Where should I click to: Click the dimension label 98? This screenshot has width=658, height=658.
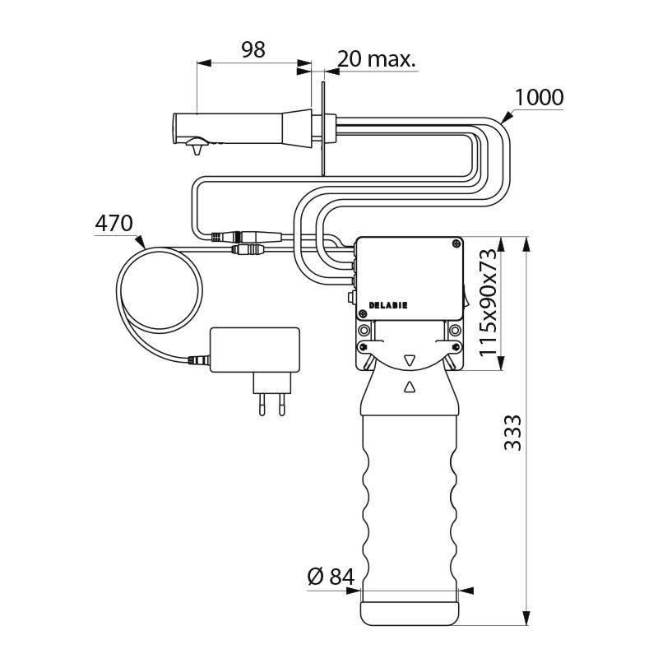point(253,50)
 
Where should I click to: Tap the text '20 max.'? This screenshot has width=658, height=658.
point(376,59)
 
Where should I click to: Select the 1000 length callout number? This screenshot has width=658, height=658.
point(539,98)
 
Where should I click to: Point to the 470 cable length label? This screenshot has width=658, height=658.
point(114,223)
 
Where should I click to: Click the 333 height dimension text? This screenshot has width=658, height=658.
point(512,432)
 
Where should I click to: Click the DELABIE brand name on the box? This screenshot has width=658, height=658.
point(388,304)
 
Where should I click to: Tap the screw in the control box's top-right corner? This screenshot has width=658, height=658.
point(455,243)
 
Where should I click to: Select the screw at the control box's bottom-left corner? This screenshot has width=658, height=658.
point(363,313)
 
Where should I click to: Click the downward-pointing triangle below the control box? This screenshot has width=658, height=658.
point(409,359)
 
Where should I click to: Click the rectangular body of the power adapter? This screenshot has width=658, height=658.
point(255,349)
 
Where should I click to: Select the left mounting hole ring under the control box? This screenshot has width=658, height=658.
point(363,331)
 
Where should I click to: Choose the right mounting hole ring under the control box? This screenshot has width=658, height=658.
point(455,331)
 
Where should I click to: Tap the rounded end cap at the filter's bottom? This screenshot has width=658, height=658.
point(409,613)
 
